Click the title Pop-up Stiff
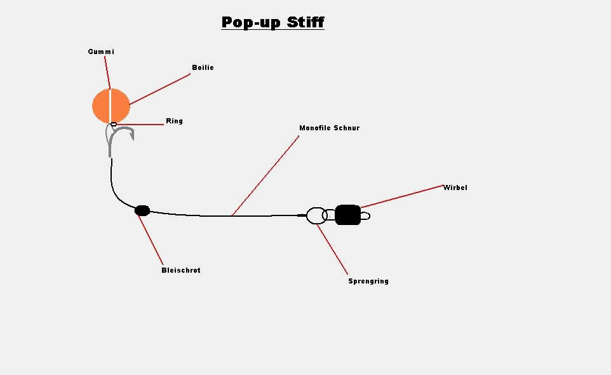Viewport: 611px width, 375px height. [x=272, y=22]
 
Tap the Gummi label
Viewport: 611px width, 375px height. [x=101, y=51]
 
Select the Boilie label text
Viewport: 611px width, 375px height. [x=203, y=67]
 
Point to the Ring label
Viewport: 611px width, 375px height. [x=174, y=121]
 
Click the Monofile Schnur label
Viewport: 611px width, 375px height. [x=329, y=128]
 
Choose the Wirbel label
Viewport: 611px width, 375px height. [x=455, y=187]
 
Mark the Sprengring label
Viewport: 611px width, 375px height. [x=368, y=281]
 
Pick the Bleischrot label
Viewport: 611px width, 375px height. [x=180, y=270]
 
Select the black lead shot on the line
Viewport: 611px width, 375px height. [x=142, y=210]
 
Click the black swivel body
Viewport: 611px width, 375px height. [x=347, y=215]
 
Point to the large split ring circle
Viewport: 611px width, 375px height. [x=316, y=215]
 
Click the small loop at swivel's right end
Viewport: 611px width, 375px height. [x=365, y=216]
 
